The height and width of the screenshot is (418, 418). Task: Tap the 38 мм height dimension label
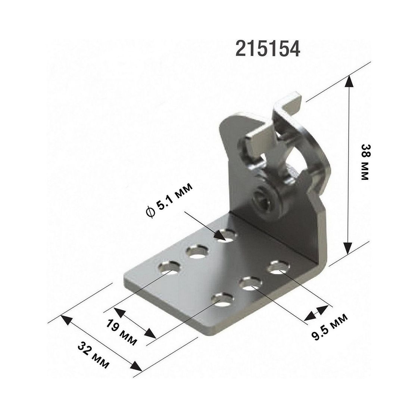pos(364,162)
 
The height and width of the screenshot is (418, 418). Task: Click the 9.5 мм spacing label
pos(330,327)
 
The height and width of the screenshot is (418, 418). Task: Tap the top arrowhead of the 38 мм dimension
pos(349,81)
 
